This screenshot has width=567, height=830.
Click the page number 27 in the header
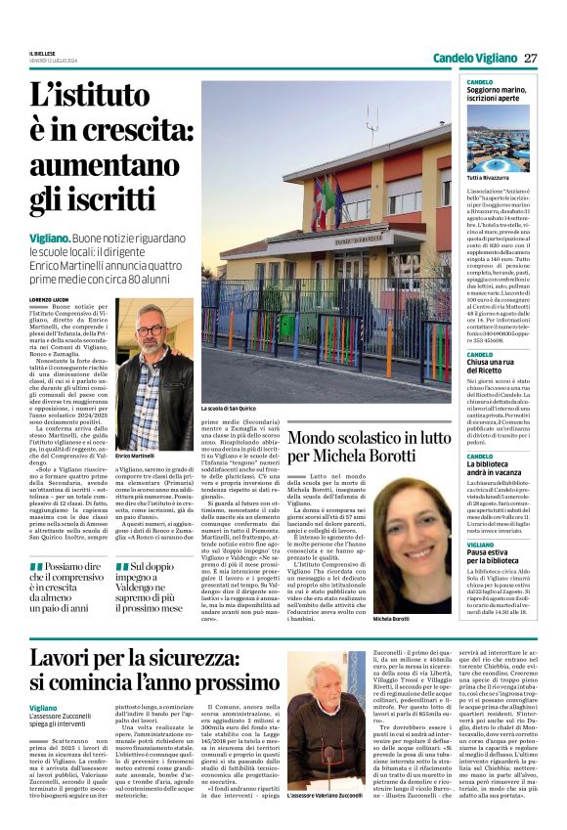[531, 58]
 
